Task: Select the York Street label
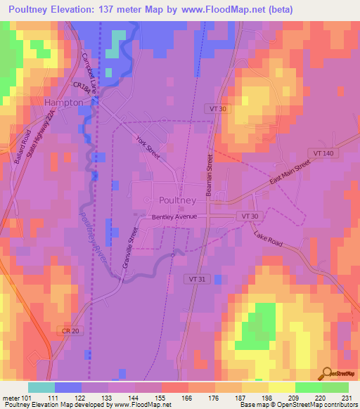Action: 148,147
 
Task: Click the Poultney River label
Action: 92,238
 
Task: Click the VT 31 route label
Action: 198,260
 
